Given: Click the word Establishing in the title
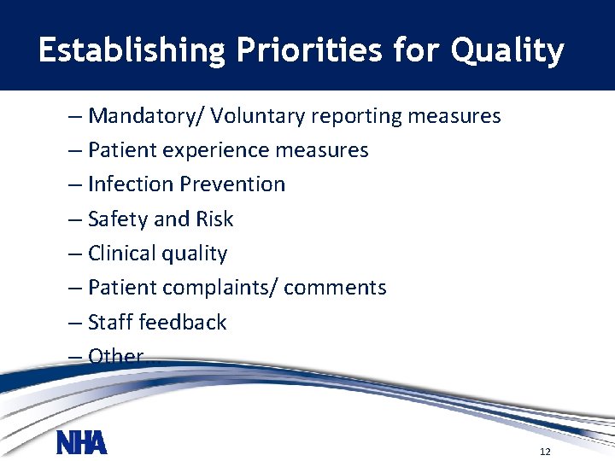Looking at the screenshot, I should pyautogui.click(x=130, y=51).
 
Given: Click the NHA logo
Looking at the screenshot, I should pyautogui.click(x=82, y=443).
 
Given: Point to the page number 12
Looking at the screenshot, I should pyautogui.click(x=545, y=451).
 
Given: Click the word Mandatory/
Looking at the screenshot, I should pyautogui.click(x=146, y=115).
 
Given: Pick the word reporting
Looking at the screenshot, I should pyautogui.click(x=357, y=115).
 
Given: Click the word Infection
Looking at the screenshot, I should pyautogui.click(x=129, y=184).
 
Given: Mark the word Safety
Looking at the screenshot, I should pyautogui.click(x=118, y=219).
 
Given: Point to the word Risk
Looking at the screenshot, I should pyautogui.click(x=214, y=219).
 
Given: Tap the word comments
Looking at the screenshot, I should pyautogui.click(x=335, y=289).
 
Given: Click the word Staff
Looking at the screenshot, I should pyautogui.click(x=110, y=323).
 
